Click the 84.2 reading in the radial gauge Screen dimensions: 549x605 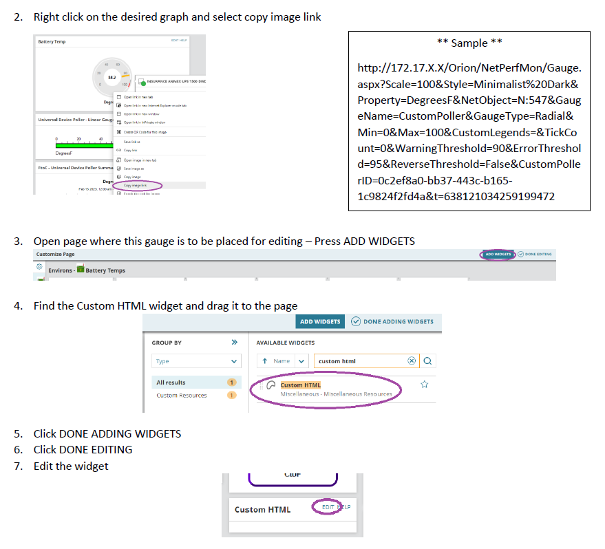(x=112, y=78)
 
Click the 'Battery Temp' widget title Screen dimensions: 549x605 (x=52, y=42)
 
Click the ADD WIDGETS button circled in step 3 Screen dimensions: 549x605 (x=498, y=255)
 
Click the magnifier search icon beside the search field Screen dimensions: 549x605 (x=427, y=360)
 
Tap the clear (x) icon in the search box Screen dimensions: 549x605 (x=412, y=360)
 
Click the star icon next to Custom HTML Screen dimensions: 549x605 (x=425, y=385)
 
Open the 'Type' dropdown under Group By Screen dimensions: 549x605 (x=196, y=361)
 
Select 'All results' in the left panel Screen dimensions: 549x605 (x=171, y=383)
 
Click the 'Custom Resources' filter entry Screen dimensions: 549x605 (x=181, y=396)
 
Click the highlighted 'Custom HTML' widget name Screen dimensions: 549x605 (x=301, y=385)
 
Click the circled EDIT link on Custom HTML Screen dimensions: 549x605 (x=328, y=507)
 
